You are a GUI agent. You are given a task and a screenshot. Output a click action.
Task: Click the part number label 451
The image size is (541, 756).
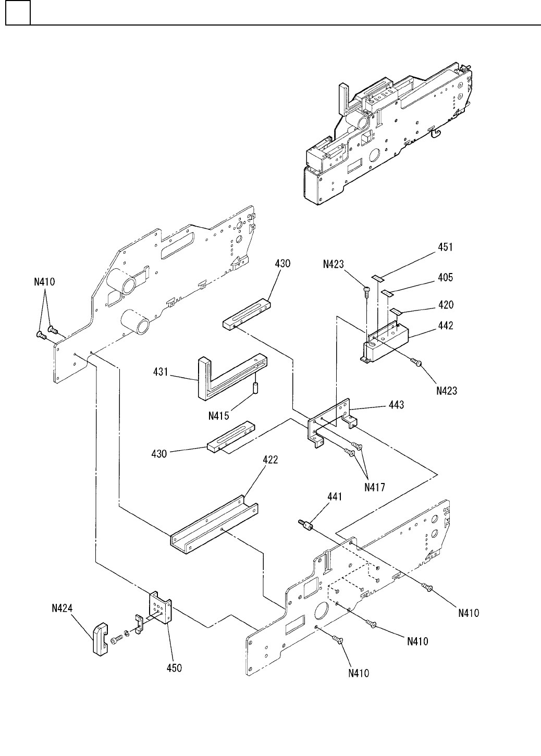(445, 247)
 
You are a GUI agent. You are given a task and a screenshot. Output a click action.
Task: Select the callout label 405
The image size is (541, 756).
(445, 277)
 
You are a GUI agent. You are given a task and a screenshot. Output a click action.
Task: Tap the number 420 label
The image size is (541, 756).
(446, 305)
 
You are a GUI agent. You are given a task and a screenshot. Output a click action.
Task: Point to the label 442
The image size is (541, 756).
(446, 326)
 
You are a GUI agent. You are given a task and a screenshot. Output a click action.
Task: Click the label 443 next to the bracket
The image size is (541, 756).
(397, 405)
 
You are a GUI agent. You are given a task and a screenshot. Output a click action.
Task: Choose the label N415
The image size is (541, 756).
(219, 416)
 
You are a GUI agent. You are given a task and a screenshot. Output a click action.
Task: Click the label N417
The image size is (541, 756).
(375, 487)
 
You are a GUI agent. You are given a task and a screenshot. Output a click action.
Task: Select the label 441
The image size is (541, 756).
(335, 497)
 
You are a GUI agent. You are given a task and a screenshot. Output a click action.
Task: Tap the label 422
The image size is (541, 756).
(270, 460)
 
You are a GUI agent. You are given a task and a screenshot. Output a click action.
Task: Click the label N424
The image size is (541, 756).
(62, 608)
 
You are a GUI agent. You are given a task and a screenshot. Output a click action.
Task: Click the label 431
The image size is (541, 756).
(161, 372)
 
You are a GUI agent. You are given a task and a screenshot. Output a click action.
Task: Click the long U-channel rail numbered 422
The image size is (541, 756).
(214, 525)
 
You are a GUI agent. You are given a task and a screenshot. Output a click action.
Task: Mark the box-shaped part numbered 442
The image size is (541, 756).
(385, 342)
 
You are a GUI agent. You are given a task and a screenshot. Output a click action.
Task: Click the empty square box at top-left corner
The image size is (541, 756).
(18, 13)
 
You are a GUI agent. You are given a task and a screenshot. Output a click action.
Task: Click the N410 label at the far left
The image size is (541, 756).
(44, 282)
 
